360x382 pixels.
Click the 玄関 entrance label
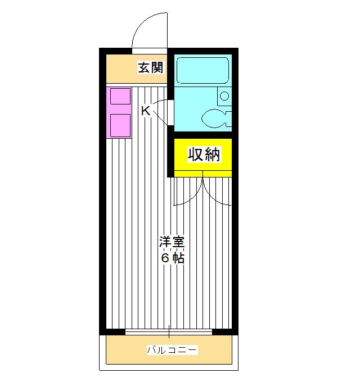(151, 68)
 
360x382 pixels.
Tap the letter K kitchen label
(145, 111)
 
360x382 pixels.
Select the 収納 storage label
(202, 154)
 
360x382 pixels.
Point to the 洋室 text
(172, 243)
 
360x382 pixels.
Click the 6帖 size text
(172, 258)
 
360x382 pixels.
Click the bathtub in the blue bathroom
(201, 70)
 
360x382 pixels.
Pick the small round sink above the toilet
(224, 95)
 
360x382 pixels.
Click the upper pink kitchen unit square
(120, 96)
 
